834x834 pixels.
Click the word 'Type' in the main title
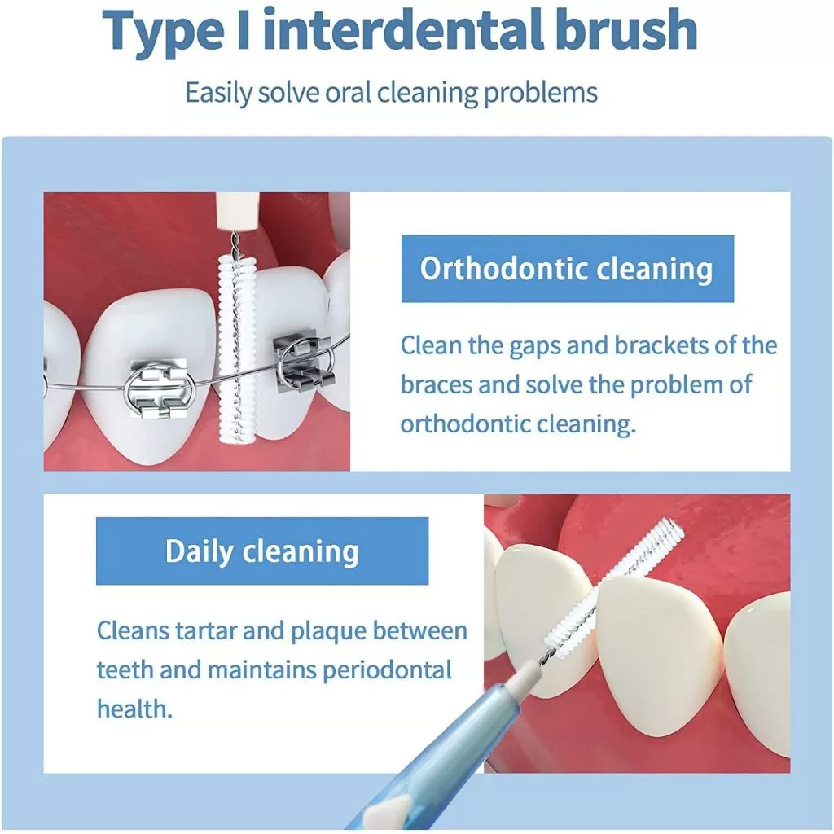pos(163,30)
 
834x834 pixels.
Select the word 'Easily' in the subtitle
pos(218,93)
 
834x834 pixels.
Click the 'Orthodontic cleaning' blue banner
pos(568,269)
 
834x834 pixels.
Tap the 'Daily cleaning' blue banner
pos(262,551)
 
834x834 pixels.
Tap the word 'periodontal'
pos(387,670)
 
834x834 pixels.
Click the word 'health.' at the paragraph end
pos(134,709)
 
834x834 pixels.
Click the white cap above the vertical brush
pos(237,211)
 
